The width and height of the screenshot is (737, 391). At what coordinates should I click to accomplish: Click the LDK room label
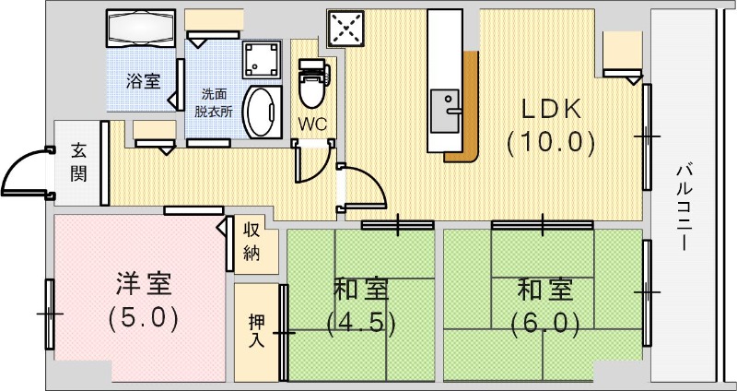coord(552,109)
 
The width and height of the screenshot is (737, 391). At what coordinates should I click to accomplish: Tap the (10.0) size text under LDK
coord(552,142)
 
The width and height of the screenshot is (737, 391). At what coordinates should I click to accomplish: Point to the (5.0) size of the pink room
coord(142,318)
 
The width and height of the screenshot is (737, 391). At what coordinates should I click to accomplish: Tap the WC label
coord(311,123)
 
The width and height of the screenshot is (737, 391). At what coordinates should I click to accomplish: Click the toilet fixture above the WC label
coord(311,85)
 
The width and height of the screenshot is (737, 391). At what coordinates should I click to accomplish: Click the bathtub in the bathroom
coord(141,30)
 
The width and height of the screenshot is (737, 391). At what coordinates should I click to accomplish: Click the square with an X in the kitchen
coord(347,28)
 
